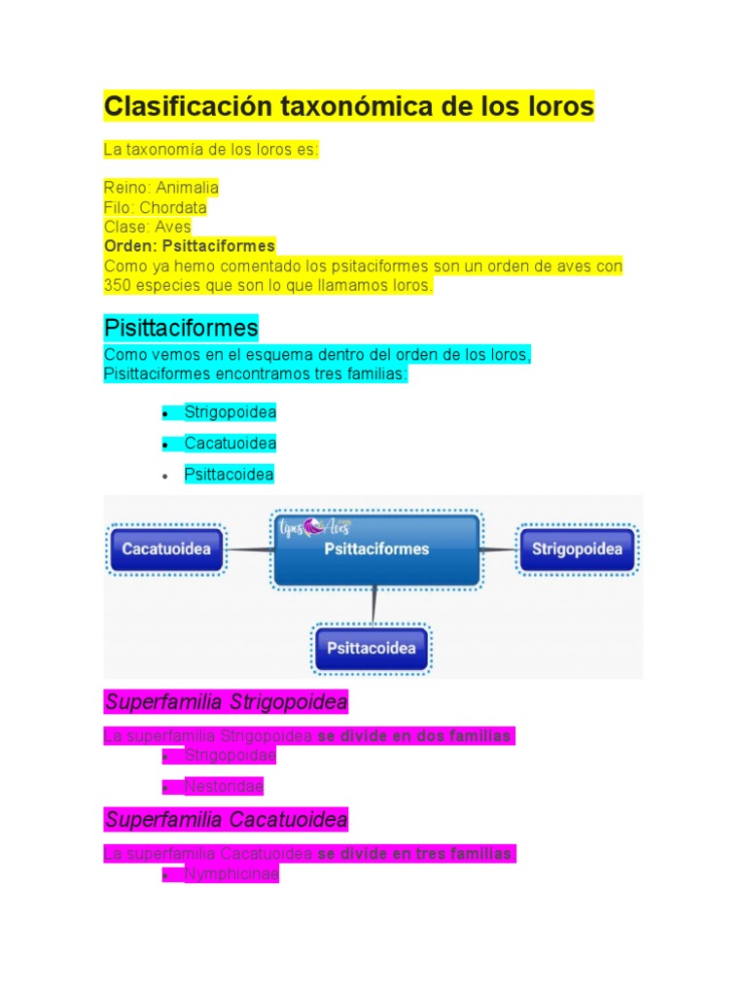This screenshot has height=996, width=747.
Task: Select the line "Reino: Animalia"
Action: tap(161, 187)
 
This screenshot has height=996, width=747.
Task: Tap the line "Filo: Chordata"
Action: tap(156, 207)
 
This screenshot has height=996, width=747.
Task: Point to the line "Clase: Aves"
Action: tap(148, 227)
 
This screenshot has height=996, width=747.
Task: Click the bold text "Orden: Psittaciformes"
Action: tap(190, 246)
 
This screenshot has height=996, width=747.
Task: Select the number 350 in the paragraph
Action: tap(119, 286)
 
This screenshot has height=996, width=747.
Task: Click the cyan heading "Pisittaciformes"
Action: tap(181, 327)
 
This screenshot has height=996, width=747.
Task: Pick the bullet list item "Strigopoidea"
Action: tap(230, 412)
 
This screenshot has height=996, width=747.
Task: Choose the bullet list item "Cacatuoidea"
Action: tap(230, 444)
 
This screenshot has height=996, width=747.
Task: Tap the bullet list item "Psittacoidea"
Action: tap(229, 475)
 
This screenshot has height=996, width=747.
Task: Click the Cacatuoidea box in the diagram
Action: tap(166, 550)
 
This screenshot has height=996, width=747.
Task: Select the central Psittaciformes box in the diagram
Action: tap(376, 551)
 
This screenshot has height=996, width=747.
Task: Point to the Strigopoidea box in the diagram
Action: tap(577, 550)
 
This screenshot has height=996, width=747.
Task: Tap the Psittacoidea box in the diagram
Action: tap(371, 649)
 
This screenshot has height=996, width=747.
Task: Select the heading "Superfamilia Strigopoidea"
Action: tap(226, 701)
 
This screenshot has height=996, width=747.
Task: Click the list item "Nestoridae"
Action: tap(223, 786)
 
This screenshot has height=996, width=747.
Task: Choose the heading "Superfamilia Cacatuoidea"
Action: tap(226, 820)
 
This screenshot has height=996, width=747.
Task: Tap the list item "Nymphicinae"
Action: tap(231, 874)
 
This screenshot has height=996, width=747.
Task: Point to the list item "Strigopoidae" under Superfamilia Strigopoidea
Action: tap(230, 755)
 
